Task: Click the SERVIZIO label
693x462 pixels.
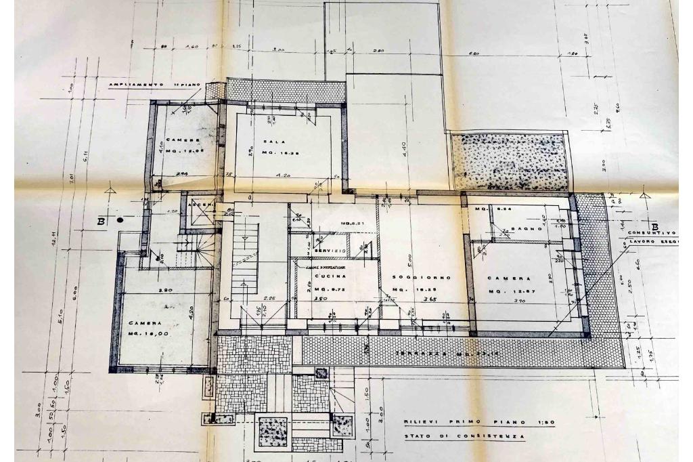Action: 330,251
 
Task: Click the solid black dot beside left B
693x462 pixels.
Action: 120,219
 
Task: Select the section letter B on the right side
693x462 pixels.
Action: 654,226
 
